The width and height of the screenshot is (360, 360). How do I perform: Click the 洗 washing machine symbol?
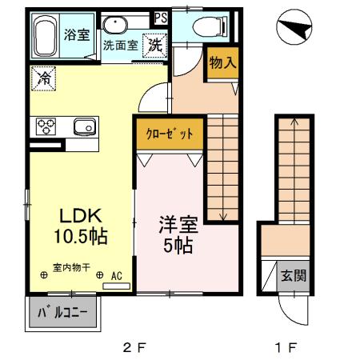pos(155,45)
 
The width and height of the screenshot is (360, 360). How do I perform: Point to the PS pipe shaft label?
pos(161,17)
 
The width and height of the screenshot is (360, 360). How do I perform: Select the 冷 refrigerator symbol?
pos(42,78)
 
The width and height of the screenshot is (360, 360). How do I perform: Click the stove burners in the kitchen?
pos(44,126)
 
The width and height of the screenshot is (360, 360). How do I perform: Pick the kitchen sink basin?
pos(83,126)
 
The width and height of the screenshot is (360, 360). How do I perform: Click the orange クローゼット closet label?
pos(169,134)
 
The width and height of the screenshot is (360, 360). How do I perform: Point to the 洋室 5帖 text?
pos(177,234)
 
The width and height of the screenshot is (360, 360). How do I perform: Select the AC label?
pos(116,276)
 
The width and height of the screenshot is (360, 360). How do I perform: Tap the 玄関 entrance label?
pos(294,277)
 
